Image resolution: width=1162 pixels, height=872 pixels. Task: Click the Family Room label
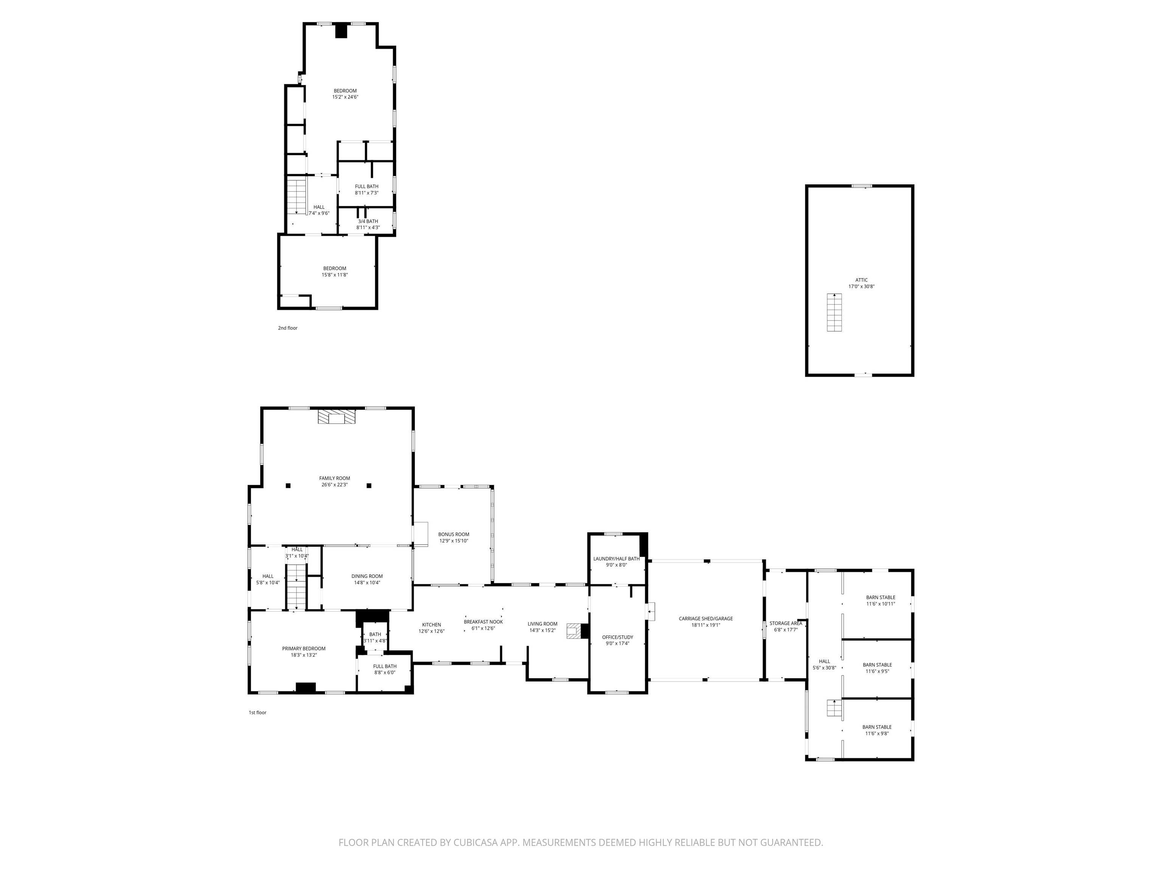(335, 478)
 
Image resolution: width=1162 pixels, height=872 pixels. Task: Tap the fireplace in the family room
(337, 417)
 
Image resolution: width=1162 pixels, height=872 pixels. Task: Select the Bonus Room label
(454, 534)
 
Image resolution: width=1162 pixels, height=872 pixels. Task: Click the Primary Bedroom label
(304, 649)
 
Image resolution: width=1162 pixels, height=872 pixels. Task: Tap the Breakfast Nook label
(483, 622)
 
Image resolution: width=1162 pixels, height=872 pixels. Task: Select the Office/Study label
(618, 637)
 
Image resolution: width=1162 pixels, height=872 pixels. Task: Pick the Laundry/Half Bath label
(616, 559)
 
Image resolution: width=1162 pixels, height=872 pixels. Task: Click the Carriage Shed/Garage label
(705, 619)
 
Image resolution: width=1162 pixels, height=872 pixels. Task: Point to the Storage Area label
(786, 623)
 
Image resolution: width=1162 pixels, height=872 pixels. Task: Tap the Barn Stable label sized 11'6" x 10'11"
(881, 598)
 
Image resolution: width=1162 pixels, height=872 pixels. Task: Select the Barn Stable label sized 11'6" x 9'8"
(877, 727)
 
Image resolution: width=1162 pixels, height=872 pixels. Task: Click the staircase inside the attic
(834, 312)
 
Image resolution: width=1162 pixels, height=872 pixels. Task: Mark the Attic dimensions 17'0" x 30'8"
(862, 287)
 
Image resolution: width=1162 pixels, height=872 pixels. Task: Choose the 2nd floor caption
(288, 328)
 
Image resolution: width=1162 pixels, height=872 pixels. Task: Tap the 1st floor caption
(258, 713)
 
